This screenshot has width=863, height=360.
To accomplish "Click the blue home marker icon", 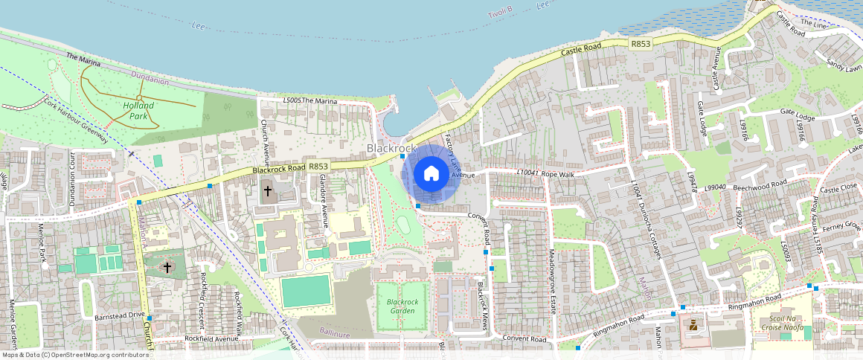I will [x=431, y=174].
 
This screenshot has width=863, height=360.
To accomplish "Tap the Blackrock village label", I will [x=391, y=149].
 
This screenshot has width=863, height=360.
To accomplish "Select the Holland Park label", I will [x=138, y=111].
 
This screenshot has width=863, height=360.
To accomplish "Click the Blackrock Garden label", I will [x=402, y=306].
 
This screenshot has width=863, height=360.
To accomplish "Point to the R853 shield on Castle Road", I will [x=641, y=45].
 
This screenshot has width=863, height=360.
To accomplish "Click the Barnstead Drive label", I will [x=120, y=315].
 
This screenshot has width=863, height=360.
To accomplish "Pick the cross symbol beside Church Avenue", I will [x=268, y=191].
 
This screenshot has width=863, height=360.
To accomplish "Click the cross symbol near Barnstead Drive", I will [x=167, y=267].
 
